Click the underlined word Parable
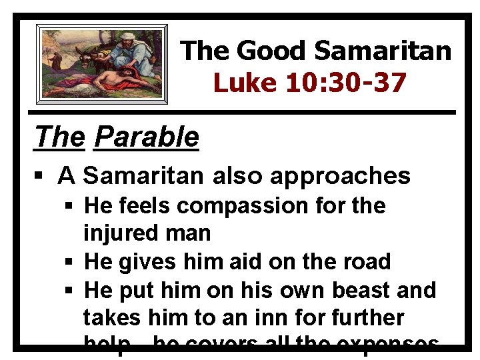[x=147, y=137]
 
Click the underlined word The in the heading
[x=59, y=137]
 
